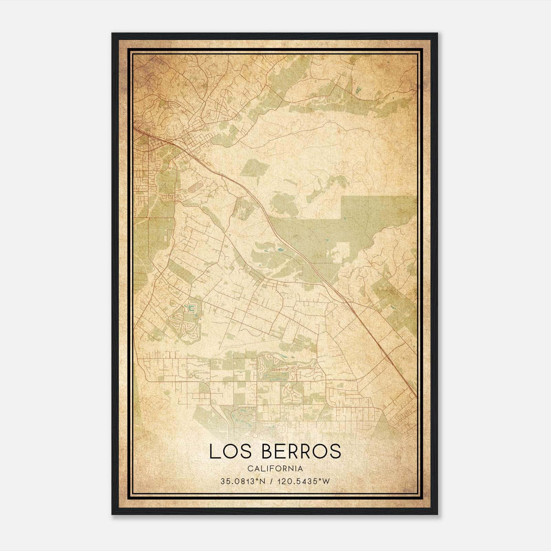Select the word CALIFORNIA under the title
[275, 469]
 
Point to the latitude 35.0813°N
[243, 481]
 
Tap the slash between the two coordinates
[272, 481]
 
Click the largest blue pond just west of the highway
[281, 249]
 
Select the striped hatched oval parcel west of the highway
[195, 186]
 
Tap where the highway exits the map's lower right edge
[415, 396]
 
